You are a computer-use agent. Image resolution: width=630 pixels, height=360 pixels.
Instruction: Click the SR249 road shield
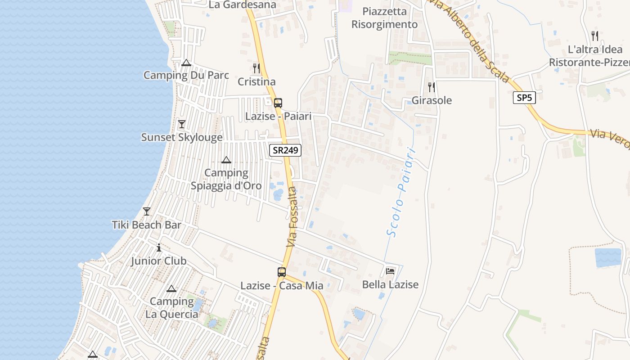[285, 150]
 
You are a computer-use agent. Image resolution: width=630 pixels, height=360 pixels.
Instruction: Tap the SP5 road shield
[524, 97]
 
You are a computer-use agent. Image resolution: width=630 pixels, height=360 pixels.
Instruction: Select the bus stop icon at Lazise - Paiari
[278, 103]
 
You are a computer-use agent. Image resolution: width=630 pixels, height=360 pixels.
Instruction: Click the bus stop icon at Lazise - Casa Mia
[282, 272]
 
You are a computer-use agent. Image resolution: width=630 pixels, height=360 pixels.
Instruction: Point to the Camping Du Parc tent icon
[186, 63]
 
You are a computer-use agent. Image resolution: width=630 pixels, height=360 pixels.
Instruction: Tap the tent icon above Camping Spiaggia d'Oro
[226, 160]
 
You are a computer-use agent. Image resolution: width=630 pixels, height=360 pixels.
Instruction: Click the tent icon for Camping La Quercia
[171, 288]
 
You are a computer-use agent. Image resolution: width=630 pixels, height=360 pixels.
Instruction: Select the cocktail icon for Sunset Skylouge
[182, 124]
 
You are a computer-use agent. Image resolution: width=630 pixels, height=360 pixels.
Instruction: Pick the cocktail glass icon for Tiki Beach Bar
[147, 211]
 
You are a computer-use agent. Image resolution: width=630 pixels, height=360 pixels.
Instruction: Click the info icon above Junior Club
[158, 247]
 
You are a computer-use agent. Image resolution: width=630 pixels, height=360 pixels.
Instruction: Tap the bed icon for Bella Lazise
[390, 271]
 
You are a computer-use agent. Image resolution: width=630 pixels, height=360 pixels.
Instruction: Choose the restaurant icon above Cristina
[256, 68]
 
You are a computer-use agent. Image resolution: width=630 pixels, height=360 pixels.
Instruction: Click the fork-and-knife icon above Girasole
[432, 87]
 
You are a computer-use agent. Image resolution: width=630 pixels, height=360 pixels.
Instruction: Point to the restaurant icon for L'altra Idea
[595, 36]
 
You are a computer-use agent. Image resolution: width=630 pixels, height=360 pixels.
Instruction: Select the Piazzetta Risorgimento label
[384, 18]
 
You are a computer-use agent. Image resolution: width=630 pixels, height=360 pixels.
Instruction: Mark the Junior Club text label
[158, 261]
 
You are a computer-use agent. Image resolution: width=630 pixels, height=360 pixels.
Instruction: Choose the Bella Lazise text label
[390, 284]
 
